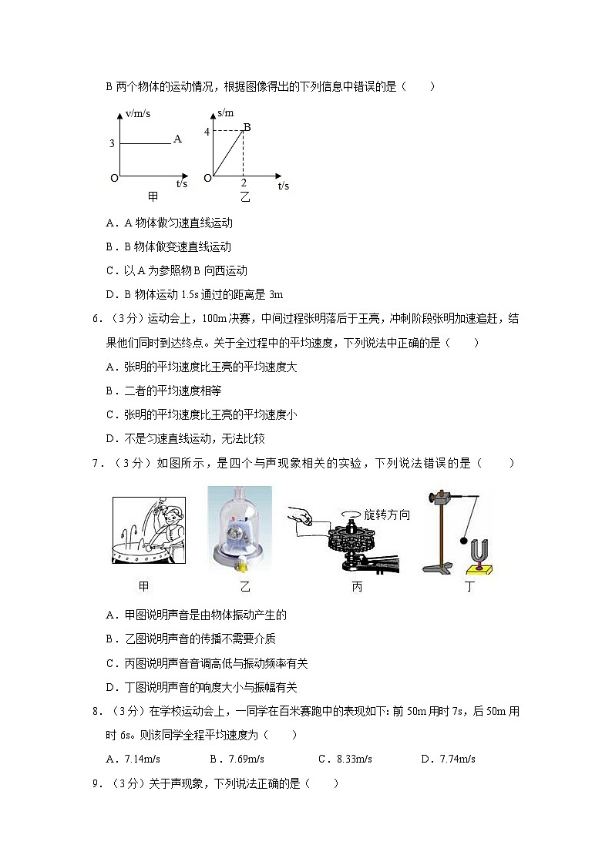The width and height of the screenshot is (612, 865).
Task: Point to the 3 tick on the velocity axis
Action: coord(112,143)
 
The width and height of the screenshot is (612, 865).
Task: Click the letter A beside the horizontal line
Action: coord(177,139)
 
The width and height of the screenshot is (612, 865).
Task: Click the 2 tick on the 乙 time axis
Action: coord(244,183)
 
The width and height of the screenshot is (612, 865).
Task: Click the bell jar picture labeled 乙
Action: coord(240,529)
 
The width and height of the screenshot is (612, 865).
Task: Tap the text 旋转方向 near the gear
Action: coord(387,515)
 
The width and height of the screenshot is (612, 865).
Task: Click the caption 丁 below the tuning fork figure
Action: coord(469,587)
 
